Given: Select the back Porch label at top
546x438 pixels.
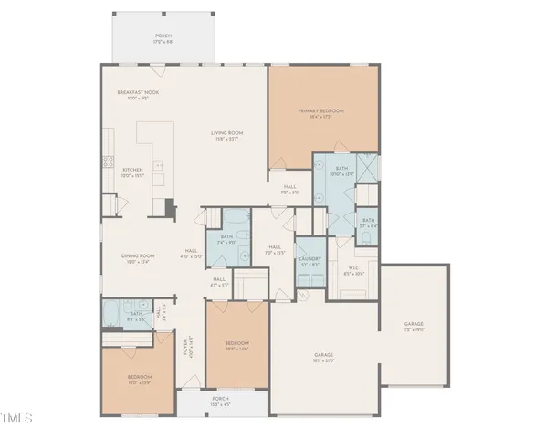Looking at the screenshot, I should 163,38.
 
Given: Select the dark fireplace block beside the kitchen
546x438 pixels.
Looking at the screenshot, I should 170,207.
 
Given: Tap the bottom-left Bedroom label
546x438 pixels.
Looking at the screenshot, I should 139,378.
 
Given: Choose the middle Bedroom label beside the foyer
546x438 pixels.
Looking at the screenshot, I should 236,345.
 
